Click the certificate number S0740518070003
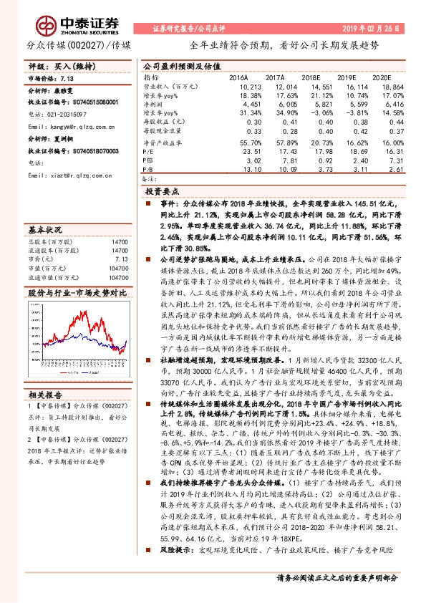tap(83, 151)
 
